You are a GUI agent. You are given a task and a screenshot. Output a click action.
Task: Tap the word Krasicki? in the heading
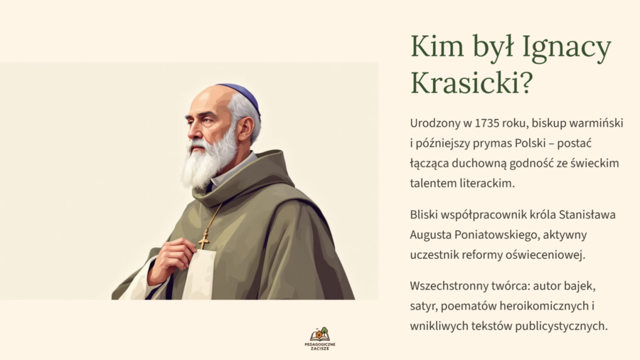click(x=471, y=83)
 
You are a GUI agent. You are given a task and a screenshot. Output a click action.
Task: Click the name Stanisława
click(x=587, y=213)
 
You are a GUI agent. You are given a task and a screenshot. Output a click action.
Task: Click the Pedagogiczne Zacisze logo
click(x=320, y=338)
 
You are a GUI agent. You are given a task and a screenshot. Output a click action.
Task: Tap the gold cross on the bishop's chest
click(x=204, y=238)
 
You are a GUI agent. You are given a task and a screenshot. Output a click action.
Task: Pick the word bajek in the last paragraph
click(x=575, y=286)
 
